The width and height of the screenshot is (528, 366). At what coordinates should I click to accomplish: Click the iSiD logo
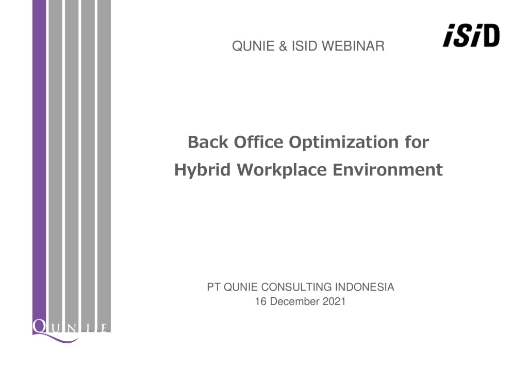[x=471, y=36]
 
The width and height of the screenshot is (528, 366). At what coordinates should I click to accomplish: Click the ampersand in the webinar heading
[x=283, y=46]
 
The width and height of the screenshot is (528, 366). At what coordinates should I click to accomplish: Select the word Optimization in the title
[x=343, y=143]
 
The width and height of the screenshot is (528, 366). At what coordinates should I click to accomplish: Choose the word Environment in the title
[x=388, y=169]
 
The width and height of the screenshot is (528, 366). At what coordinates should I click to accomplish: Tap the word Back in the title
[x=208, y=142]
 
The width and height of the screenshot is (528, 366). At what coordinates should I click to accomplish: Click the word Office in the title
[x=259, y=142]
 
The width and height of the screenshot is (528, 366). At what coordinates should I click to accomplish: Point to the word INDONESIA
[x=365, y=287]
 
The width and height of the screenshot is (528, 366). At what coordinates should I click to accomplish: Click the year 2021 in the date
[x=334, y=301]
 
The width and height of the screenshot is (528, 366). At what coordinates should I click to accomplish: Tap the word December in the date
[x=294, y=301]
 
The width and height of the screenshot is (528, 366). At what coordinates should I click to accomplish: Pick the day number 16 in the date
[x=261, y=301]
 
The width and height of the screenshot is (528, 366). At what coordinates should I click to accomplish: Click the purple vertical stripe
[x=39, y=162]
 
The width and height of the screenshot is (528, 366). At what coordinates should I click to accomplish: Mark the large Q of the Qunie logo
[x=40, y=326]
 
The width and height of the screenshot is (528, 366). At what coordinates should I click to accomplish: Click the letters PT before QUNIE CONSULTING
[x=214, y=287]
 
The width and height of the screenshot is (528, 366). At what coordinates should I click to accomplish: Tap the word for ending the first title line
[x=417, y=142]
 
